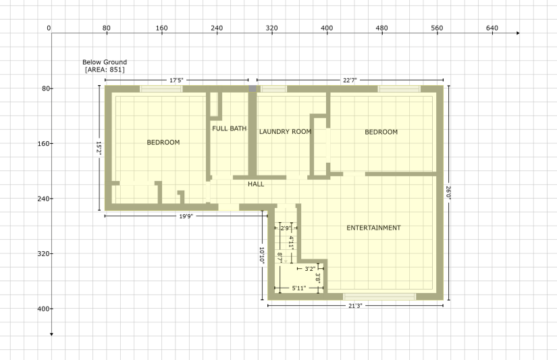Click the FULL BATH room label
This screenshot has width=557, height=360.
pyautogui.click(x=229, y=128)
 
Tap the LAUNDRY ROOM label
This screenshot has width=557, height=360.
pyautogui.click(x=285, y=132)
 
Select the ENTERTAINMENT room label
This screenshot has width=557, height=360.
pyautogui.click(x=373, y=228)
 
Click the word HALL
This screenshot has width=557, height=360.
pyautogui.click(x=256, y=184)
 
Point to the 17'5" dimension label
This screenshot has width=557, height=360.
pyautogui.click(x=176, y=80)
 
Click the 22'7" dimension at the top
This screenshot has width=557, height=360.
pyautogui.click(x=350, y=80)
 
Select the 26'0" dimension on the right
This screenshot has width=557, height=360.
pyautogui.click(x=448, y=192)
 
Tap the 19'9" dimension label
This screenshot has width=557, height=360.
pyautogui.click(x=186, y=216)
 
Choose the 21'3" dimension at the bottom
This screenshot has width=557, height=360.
pyautogui.click(x=355, y=305)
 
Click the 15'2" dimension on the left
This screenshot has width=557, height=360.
pyautogui.click(x=99, y=148)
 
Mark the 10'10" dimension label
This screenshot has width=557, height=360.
pyautogui.click(x=262, y=255)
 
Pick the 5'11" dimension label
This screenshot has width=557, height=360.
pyautogui.click(x=298, y=288)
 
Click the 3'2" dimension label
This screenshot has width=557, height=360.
pyautogui.click(x=310, y=269)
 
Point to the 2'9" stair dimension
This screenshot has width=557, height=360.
pyautogui.click(x=286, y=228)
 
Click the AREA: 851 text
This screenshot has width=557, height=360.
pyautogui.click(x=105, y=70)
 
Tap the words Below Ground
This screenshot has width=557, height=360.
pyautogui.click(x=105, y=62)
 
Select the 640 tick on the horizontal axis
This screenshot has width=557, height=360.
pyautogui.click(x=492, y=28)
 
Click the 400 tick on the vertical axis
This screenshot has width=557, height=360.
pyautogui.click(x=43, y=309)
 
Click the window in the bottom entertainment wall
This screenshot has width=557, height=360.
pyautogui.click(x=379, y=297)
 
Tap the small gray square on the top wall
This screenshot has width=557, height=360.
pyautogui.click(x=253, y=88)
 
